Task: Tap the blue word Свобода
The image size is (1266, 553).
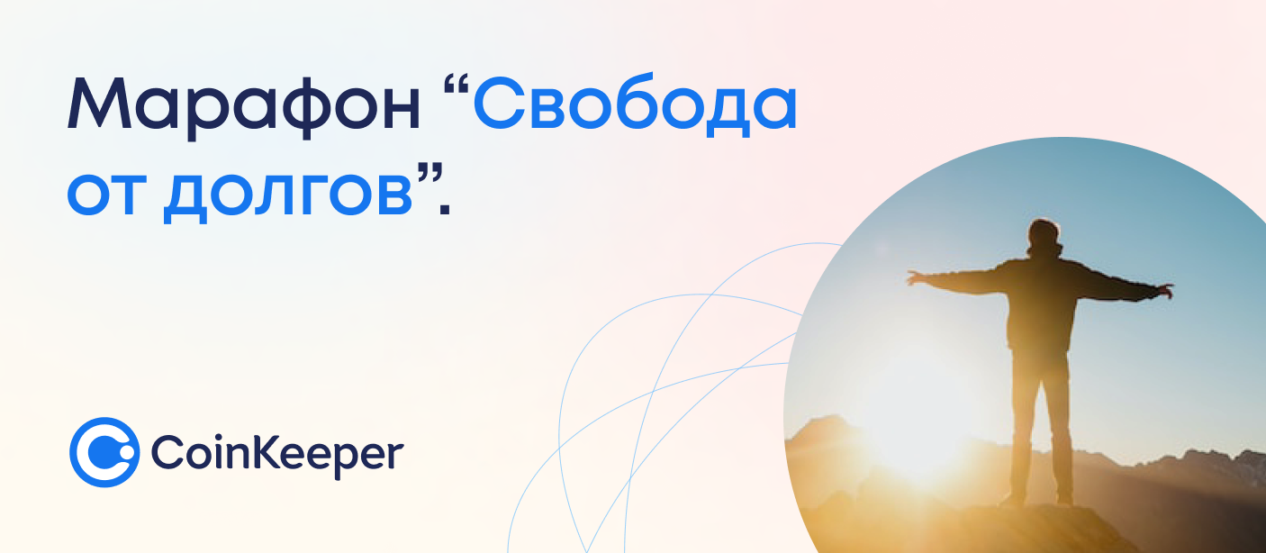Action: (x=635, y=104)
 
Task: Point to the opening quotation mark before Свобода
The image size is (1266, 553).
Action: (x=457, y=85)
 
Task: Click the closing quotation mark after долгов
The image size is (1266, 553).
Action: (x=429, y=172)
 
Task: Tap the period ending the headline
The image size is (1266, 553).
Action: (x=445, y=210)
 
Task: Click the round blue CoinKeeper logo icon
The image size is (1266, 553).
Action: (x=104, y=452)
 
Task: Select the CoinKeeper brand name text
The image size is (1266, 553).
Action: (x=277, y=455)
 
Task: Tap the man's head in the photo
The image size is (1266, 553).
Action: (x=1044, y=236)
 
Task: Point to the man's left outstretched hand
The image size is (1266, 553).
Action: (x=918, y=277)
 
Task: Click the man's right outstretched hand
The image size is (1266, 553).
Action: (x=1163, y=291)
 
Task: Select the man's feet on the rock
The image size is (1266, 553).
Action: (x=1039, y=499)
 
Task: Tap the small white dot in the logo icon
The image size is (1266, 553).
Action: (x=127, y=453)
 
